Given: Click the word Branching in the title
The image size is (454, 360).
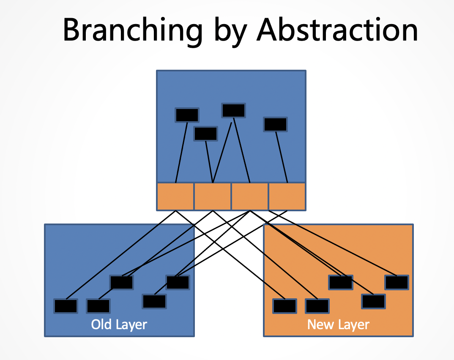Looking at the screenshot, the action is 132,31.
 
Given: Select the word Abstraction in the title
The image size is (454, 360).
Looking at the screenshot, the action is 337,30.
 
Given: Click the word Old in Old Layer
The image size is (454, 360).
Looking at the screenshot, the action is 101,324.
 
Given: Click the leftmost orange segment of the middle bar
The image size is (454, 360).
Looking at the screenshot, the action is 175,196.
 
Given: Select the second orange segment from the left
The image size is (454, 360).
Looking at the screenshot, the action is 213,196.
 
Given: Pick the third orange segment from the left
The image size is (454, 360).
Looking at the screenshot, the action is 250,196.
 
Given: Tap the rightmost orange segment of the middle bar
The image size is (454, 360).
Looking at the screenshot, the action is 287,196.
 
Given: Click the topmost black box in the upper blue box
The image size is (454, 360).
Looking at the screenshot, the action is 234,110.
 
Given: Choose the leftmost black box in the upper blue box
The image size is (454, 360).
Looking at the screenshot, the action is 187,115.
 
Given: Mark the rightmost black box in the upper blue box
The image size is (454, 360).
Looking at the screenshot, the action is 275,125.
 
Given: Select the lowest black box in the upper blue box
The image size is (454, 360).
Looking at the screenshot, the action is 205,134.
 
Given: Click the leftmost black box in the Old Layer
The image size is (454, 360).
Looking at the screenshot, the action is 66,306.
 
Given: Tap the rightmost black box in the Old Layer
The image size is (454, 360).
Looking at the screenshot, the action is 178,282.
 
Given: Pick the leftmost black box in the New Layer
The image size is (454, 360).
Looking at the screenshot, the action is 285,306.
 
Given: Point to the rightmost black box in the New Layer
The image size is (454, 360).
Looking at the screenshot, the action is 397,282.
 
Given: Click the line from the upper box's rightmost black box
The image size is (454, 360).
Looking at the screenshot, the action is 282,157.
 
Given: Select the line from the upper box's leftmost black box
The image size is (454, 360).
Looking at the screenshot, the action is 181,153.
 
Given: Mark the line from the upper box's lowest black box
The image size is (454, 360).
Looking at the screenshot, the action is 209,162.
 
